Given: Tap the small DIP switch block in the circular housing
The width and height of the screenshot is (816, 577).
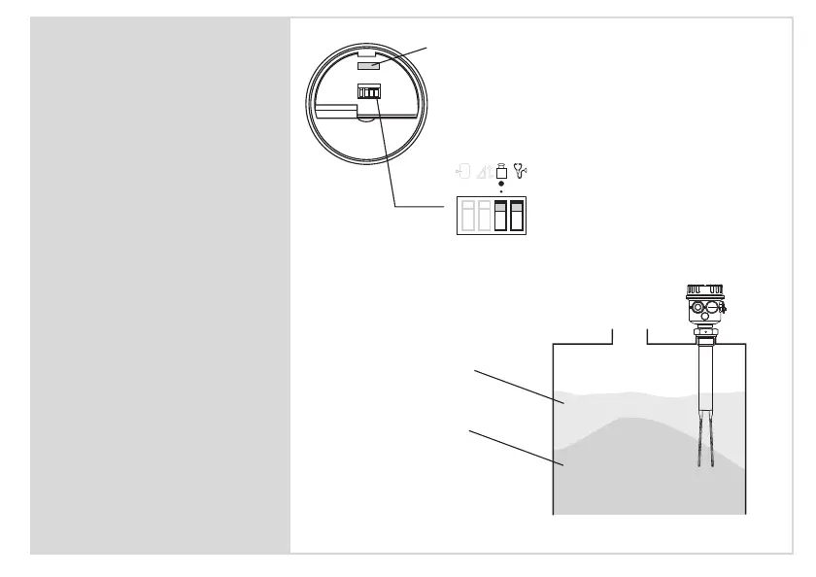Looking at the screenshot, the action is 369,91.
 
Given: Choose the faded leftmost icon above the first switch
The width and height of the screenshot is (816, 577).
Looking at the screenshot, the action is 464,173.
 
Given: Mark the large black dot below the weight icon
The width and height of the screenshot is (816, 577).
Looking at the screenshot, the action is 501,185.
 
